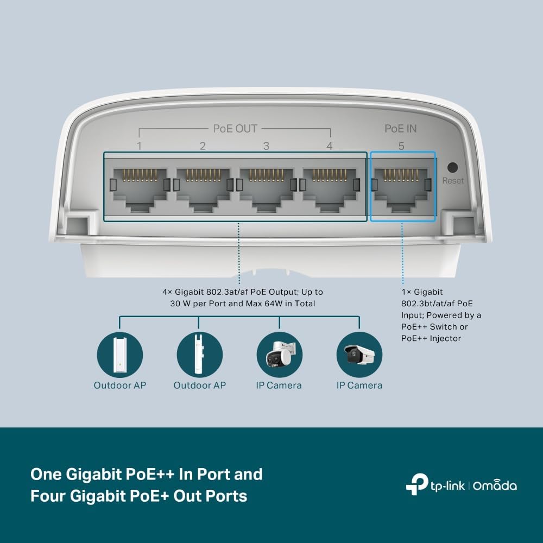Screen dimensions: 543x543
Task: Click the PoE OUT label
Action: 235,129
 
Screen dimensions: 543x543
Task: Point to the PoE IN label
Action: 401,129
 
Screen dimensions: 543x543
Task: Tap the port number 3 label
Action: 266,146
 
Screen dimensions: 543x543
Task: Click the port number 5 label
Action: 401,146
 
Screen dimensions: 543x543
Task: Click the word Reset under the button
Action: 453,180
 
